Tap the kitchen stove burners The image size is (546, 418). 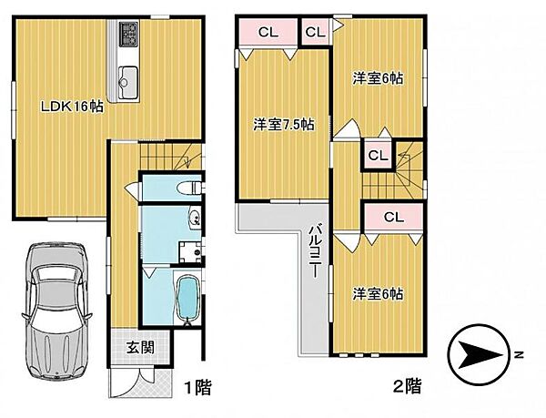[126, 39]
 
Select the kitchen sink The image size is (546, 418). [126, 76]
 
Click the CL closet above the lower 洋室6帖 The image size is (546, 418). [393, 217]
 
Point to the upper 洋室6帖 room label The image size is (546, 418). [378, 79]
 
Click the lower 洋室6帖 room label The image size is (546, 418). [378, 294]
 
